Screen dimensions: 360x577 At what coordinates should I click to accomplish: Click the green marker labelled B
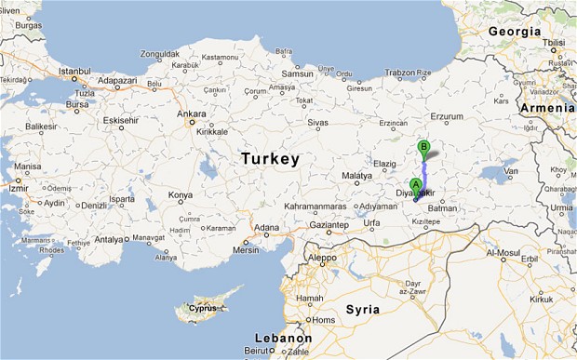point(424,147)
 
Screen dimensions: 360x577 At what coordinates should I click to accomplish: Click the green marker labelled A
point(416,184)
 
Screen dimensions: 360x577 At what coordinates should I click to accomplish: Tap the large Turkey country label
point(270,159)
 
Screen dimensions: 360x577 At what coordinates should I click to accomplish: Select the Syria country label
point(363,309)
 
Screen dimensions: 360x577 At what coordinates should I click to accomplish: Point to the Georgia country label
point(513,31)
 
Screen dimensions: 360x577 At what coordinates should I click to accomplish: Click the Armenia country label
point(547,109)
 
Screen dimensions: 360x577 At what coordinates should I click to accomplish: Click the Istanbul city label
point(74,71)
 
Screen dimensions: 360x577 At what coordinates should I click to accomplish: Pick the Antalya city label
point(110,239)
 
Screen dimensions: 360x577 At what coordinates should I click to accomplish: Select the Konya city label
point(181,195)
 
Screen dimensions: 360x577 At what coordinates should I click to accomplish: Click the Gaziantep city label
point(329,225)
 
